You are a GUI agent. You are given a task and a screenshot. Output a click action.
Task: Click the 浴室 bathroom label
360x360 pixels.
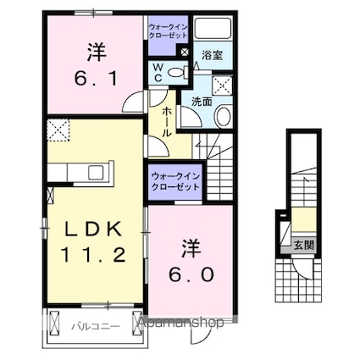point(211,55)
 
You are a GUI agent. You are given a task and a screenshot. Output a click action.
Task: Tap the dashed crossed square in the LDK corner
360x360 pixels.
point(58,131)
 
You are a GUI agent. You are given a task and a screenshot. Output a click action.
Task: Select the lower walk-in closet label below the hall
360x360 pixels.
point(175,180)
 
